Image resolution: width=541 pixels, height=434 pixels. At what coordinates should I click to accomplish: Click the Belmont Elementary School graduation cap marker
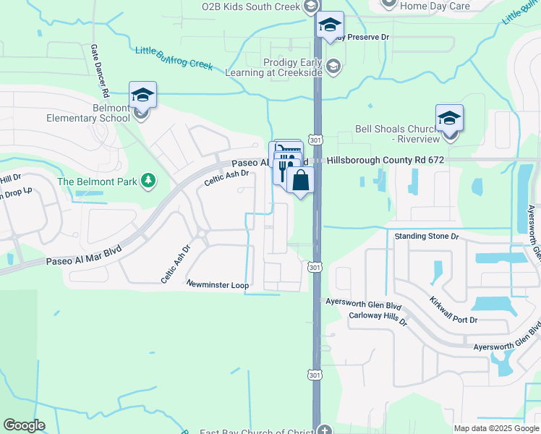click(143, 95)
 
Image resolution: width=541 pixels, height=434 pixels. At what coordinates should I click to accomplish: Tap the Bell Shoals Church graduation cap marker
click(449, 118)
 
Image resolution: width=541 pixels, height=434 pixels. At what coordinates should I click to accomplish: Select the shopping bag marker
click(301, 180)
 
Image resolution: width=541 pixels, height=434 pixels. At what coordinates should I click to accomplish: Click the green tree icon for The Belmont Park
click(148, 179)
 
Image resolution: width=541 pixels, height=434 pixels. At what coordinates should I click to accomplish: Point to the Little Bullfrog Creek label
click(174, 57)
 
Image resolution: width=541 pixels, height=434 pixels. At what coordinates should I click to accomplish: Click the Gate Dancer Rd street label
click(98, 70)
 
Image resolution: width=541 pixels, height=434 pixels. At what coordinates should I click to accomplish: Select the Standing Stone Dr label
click(427, 237)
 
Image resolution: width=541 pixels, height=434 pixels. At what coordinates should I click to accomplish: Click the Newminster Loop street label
click(218, 285)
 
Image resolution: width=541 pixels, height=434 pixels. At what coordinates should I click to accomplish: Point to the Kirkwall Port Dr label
click(453, 310)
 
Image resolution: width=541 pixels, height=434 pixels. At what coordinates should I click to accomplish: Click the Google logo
click(24, 425)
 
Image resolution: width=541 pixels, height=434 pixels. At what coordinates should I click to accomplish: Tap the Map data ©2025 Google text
click(497, 428)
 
